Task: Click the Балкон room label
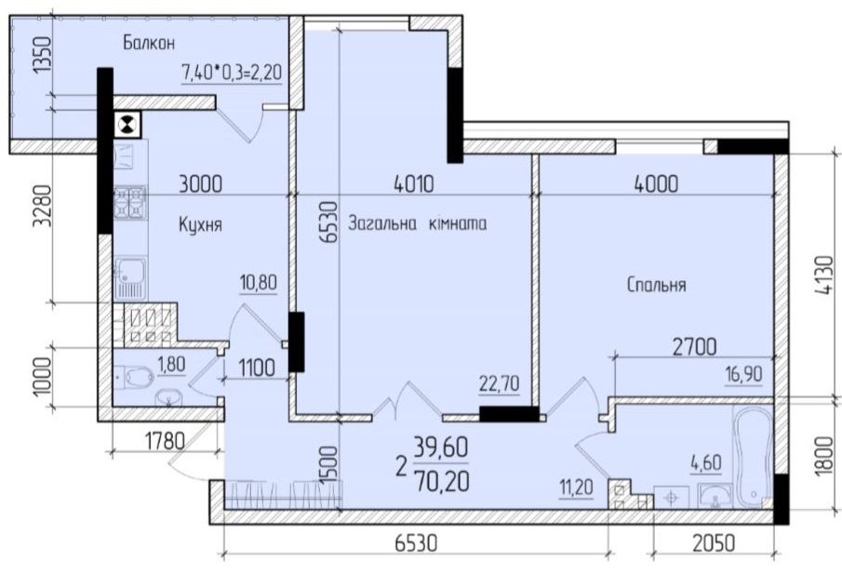coord(149,43)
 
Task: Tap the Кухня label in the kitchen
coord(200,224)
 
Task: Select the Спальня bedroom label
coord(656,285)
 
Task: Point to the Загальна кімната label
coord(417,223)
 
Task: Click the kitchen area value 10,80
coord(259,282)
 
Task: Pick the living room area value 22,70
coord(500,384)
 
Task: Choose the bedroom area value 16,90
coord(742,374)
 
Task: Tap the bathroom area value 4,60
coord(705,463)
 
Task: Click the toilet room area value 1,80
coord(171,364)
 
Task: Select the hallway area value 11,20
coord(576,487)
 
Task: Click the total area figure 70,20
coord(441,480)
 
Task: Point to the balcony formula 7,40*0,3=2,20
coord(232,72)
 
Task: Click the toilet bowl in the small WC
coord(137,376)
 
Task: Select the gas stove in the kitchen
coord(130,202)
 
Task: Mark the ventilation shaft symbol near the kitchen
coord(127,125)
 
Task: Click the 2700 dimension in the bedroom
coord(694,347)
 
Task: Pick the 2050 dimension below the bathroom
coord(713,544)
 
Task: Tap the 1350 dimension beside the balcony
coord(41,54)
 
